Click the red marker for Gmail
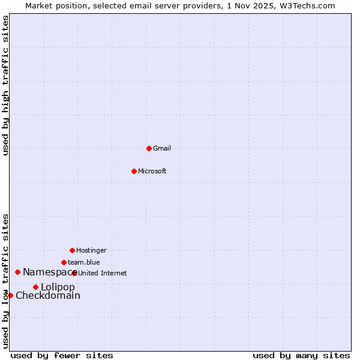click(x=149, y=148)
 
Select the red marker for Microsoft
click(x=134, y=171)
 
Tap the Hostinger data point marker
click(x=72, y=250)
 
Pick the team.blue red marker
click(x=64, y=262)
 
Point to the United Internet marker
click(x=74, y=273)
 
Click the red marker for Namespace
click(x=17, y=272)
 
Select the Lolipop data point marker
click(x=35, y=287)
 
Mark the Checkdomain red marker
click(x=10, y=295)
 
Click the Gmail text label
click(x=162, y=148)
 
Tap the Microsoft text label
click(x=152, y=171)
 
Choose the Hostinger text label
click(x=91, y=250)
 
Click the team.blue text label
click(x=84, y=262)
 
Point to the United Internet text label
click(x=103, y=273)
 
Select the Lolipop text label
click(x=58, y=287)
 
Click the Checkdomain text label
click(x=48, y=295)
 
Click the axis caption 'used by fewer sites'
click(x=62, y=355)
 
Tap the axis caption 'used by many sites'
click(x=301, y=355)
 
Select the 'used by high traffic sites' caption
click(x=5, y=85)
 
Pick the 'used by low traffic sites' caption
click(x=5, y=281)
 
